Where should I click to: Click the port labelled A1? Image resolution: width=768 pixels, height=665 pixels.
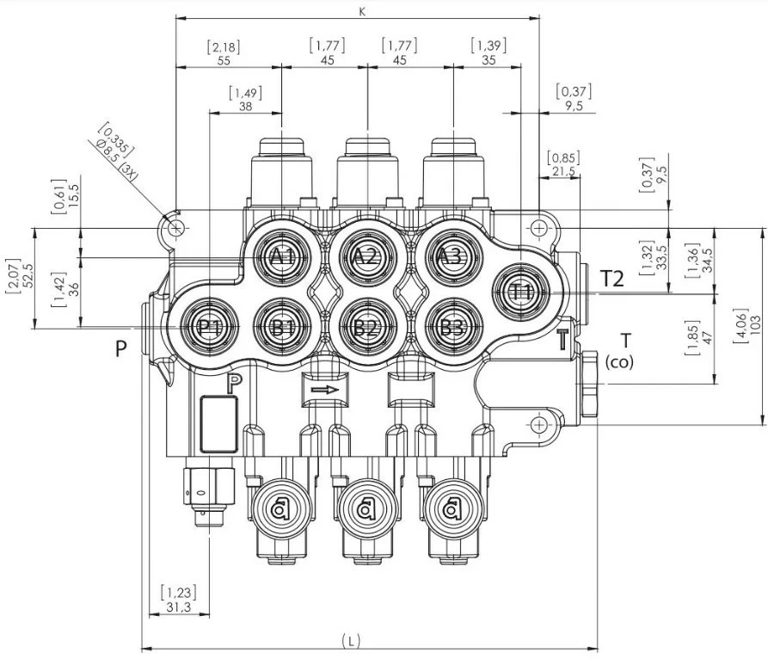point(282,257)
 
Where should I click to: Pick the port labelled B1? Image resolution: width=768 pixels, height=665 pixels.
point(282,327)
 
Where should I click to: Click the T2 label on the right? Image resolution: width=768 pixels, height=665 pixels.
point(611,278)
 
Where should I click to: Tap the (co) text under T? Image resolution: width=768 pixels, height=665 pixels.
point(619,362)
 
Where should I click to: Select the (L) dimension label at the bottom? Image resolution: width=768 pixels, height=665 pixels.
point(350,640)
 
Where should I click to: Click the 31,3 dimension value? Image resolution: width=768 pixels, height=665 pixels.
point(177,607)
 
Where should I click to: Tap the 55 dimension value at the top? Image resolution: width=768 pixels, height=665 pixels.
point(224,60)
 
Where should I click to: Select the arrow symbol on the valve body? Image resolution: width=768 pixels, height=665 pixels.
point(324,390)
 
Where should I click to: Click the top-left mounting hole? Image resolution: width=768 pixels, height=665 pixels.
point(175,228)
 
